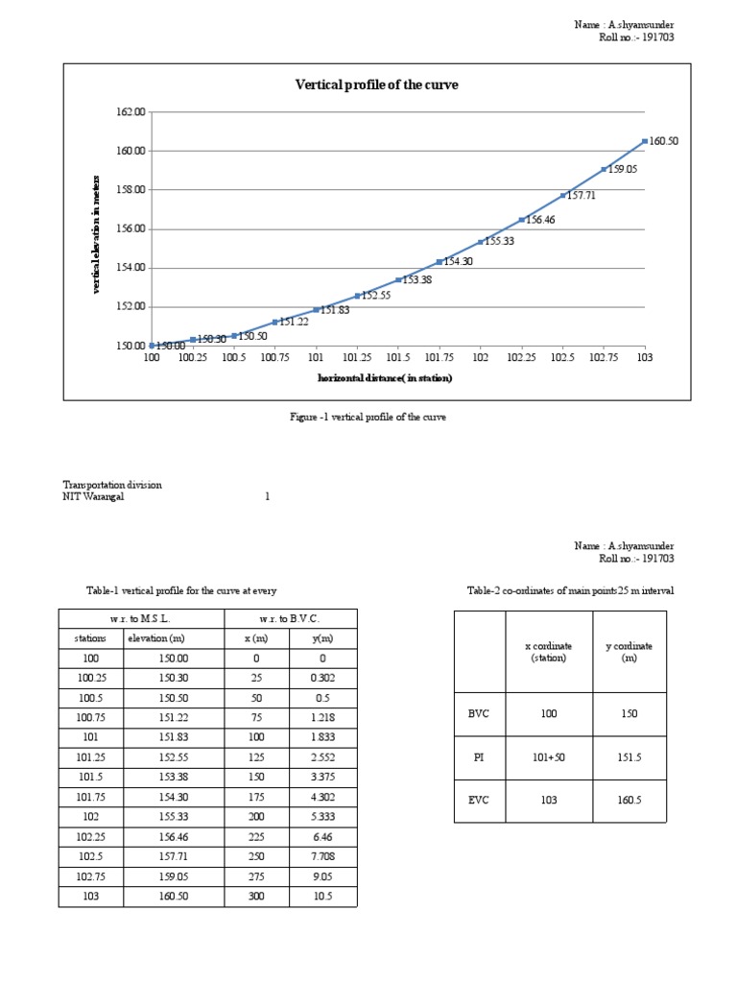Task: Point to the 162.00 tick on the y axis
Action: (x=131, y=112)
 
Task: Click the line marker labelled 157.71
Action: (x=562, y=196)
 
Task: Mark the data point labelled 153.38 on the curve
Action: (x=398, y=280)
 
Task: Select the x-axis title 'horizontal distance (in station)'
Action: (x=385, y=378)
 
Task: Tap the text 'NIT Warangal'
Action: (x=93, y=497)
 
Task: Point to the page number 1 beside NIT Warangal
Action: (x=267, y=497)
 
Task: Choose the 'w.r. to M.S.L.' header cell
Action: (x=141, y=619)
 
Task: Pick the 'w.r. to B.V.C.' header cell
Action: (x=290, y=619)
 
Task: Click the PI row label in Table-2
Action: (x=479, y=756)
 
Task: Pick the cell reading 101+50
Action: (x=551, y=756)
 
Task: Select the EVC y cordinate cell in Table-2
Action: (x=630, y=801)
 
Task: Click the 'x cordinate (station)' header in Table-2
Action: (x=551, y=652)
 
